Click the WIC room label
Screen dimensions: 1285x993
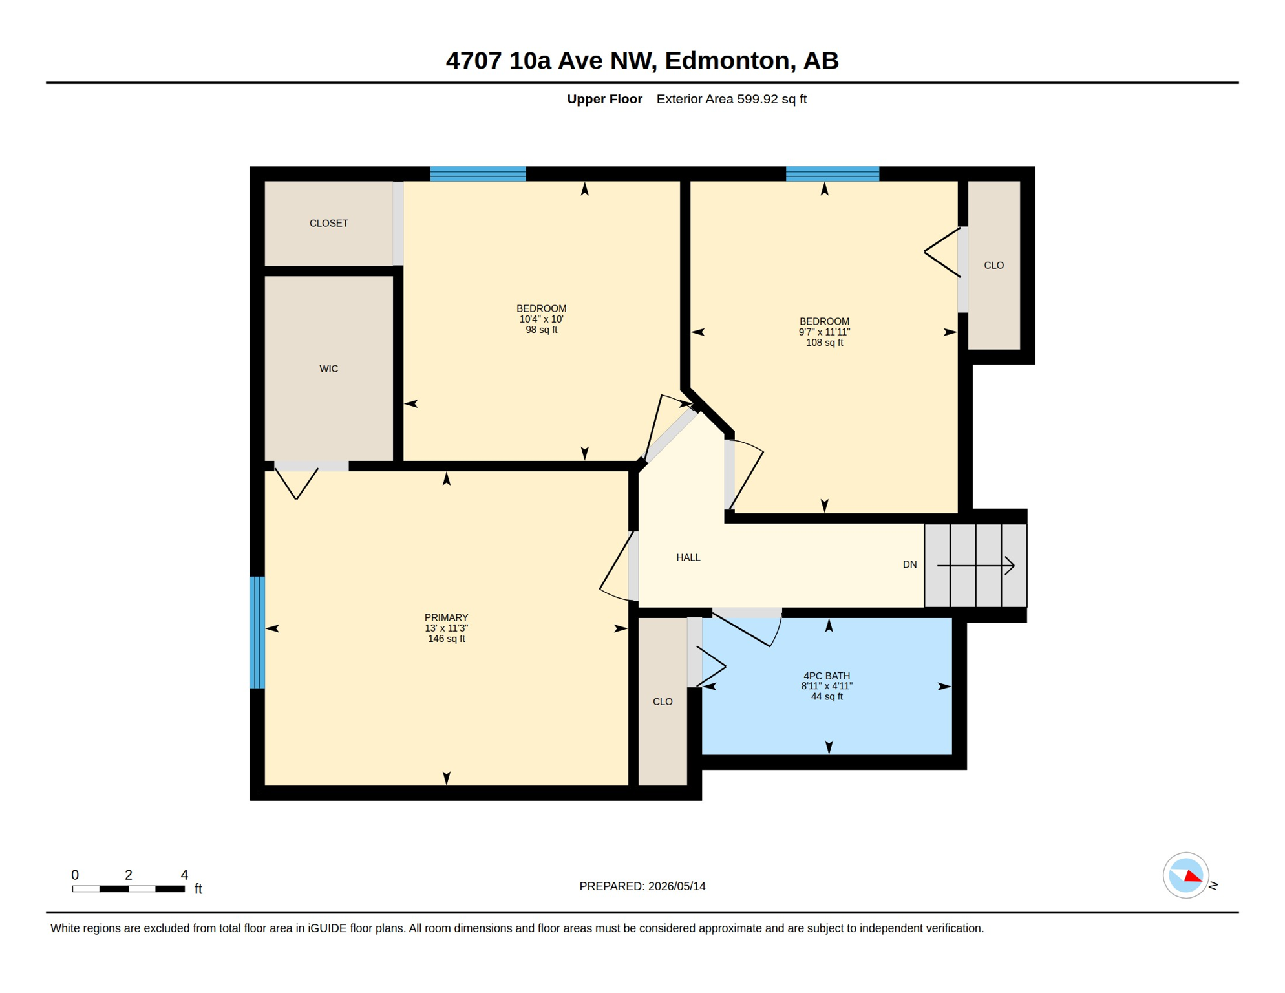(328, 368)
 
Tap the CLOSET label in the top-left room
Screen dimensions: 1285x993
(328, 223)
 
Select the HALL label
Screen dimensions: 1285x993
(688, 557)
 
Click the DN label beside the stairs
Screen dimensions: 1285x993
(909, 564)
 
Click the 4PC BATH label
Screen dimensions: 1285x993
(827, 676)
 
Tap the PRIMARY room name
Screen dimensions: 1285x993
(446, 617)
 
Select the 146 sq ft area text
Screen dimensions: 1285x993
(446, 639)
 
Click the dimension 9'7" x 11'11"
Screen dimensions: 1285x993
(824, 332)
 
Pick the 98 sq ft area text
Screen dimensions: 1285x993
(541, 330)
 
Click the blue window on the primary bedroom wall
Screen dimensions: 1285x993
(257, 632)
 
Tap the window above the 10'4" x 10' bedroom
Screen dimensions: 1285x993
(478, 173)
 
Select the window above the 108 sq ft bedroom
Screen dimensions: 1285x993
(832, 173)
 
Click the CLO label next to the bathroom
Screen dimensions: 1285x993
(663, 701)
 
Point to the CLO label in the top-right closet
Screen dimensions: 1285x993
(993, 265)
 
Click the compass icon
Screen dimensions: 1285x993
(1185, 875)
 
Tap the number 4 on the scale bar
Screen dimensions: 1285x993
(184, 875)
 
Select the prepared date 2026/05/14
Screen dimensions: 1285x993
(677, 886)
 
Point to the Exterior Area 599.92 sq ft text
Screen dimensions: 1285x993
(731, 99)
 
